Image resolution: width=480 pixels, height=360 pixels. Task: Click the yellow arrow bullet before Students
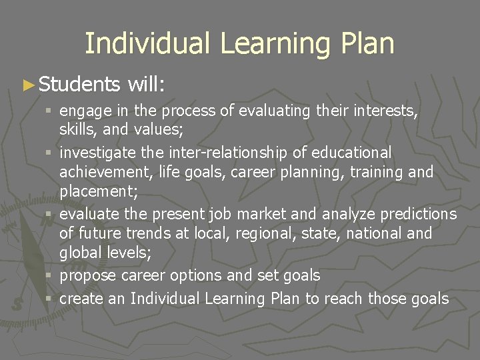click(27, 85)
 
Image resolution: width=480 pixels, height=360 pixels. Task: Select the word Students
click(79, 84)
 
